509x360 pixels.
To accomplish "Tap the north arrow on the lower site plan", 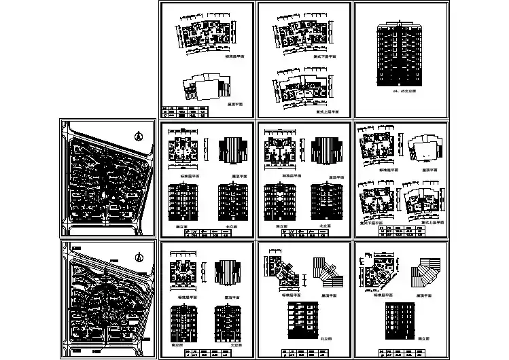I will pos(137,257).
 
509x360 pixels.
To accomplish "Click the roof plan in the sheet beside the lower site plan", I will pos(228,271).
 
